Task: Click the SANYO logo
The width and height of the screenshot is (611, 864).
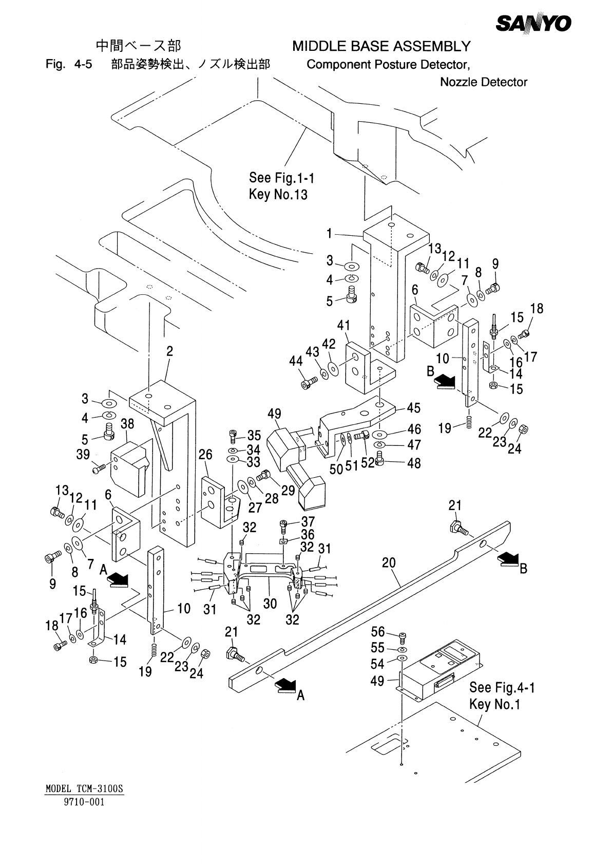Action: pyautogui.click(x=533, y=23)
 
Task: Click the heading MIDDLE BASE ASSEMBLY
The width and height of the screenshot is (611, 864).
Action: pyautogui.click(x=381, y=47)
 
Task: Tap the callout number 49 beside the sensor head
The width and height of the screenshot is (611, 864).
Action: pyautogui.click(x=275, y=414)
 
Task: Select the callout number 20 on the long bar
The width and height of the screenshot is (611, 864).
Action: pyautogui.click(x=389, y=564)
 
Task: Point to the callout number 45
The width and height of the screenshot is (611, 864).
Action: pyautogui.click(x=413, y=408)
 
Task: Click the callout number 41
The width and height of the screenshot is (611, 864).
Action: pyautogui.click(x=343, y=325)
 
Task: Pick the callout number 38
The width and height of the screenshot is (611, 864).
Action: pyautogui.click(x=127, y=424)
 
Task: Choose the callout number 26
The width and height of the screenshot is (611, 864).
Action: pyautogui.click(x=205, y=455)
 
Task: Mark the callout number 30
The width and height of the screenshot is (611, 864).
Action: pyautogui.click(x=270, y=603)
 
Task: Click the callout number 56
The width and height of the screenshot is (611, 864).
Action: pyautogui.click(x=378, y=632)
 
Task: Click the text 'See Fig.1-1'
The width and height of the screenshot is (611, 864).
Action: pyautogui.click(x=281, y=178)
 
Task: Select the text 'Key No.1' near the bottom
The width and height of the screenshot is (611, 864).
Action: pyautogui.click(x=494, y=704)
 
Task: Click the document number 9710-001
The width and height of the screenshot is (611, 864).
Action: pyautogui.click(x=84, y=802)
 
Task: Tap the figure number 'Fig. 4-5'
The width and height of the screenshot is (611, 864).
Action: pyautogui.click(x=69, y=65)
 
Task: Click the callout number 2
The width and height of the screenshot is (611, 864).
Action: pyautogui.click(x=169, y=351)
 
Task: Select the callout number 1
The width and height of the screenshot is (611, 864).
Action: pyautogui.click(x=330, y=234)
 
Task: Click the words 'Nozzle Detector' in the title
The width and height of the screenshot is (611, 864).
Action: pyautogui.click(x=483, y=82)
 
